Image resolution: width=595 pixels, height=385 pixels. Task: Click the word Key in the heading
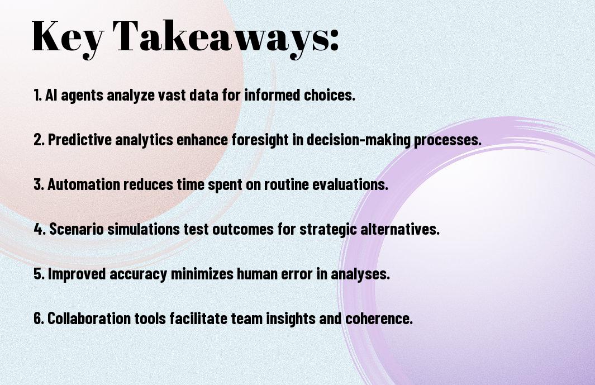click(x=68, y=37)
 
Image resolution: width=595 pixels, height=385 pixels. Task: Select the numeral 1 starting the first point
click(x=36, y=95)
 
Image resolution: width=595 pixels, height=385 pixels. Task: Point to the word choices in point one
click(x=330, y=95)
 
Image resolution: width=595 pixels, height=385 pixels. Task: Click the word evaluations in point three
click(x=350, y=184)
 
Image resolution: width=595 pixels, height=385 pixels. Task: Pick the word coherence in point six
click(x=379, y=318)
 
